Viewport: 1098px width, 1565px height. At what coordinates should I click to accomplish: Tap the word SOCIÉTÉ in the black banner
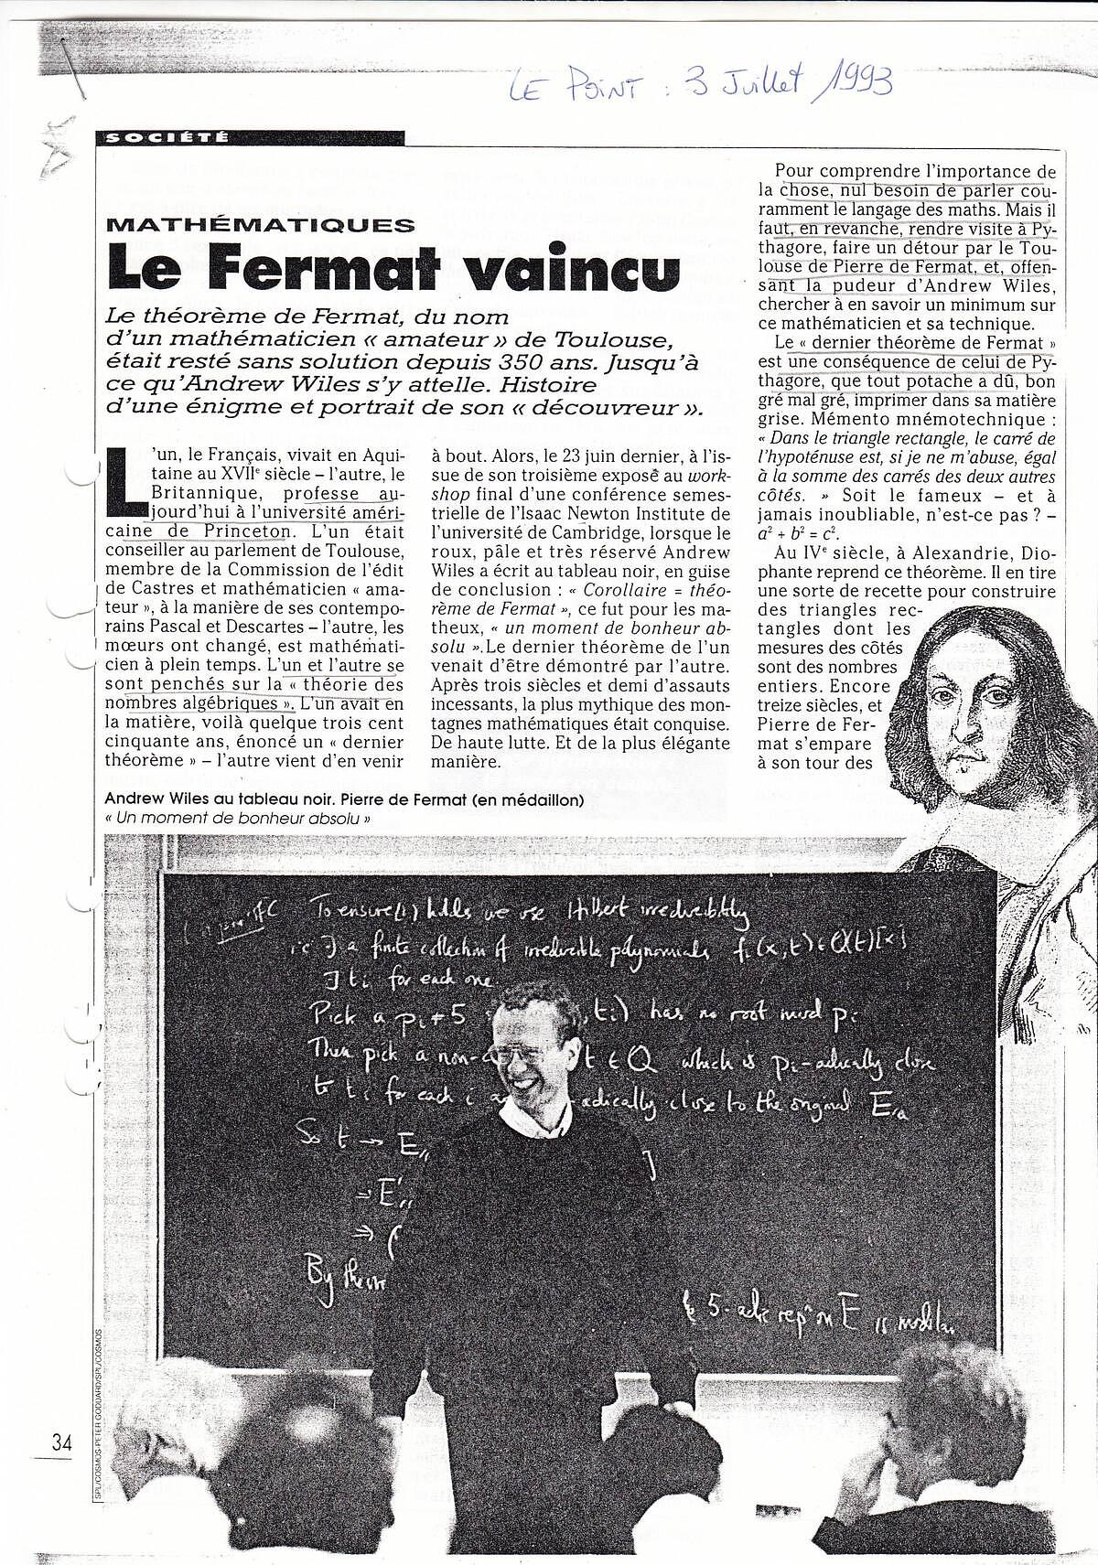pyautogui.click(x=164, y=139)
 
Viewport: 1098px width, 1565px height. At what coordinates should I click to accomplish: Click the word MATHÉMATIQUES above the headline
pyautogui.click(x=259, y=224)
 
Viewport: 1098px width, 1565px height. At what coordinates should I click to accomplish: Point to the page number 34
pyautogui.click(x=62, y=1443)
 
